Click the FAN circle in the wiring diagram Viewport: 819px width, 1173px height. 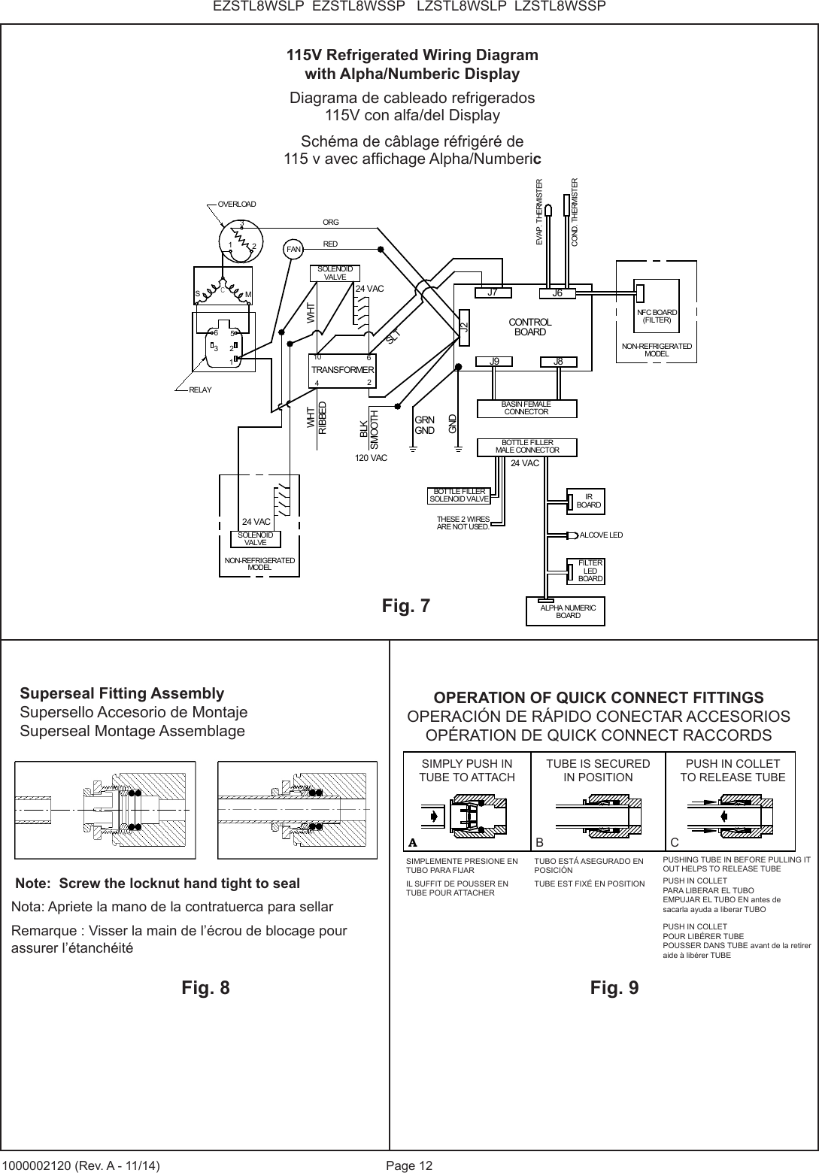click(293, 249)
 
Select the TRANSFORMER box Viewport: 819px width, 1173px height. click(343, 370)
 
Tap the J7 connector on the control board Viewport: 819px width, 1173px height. click(493, 293)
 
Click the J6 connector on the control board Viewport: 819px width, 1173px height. click(557, 293)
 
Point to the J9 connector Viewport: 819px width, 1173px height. click(494, 362)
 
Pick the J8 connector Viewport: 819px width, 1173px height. click(558, 362)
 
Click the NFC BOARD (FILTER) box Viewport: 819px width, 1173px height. click(657, 316)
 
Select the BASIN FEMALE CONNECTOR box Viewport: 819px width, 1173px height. click(526, 408)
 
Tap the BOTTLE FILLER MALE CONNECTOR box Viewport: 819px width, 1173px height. click(527, 447)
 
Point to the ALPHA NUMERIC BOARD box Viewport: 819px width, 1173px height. click(568, 611)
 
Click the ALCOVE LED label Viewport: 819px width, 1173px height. click(601, 535)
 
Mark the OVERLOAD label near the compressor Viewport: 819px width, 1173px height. click(237, 205)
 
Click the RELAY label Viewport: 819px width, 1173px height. click(201, 389)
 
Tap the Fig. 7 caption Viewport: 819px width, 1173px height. click(406, 605)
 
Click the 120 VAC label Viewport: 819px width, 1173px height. click(371, 457)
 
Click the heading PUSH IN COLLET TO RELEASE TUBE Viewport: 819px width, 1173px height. click(733, 770)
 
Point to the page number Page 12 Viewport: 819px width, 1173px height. click(409, 1165)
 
